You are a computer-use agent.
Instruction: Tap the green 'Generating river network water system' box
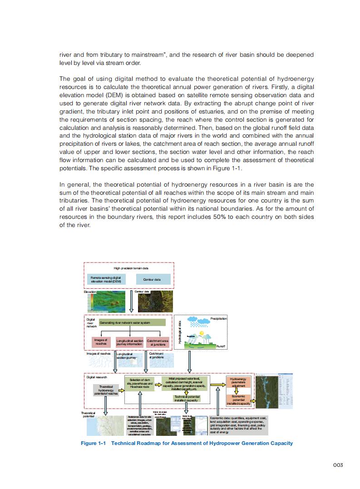pyautogui.click(x=132, y=322)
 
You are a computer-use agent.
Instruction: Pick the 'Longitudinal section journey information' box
pyautogui.click(x=130, y=342)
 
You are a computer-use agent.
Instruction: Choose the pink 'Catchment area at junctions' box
pyautogui.click(x=158, y=342)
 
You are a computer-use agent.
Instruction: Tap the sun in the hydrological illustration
pyautogui.click(x=202, y=335)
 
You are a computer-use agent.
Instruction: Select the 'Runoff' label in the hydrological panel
pyautogui.click(x=221, y=346)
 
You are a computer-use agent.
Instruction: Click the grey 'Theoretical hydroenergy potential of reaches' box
pyautogui.click(x=105, y=390)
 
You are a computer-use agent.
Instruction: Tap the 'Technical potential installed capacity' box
pyautogui.click(x=187, y=398)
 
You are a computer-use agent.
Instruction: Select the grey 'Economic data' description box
pyautogui.click(x=239, y=425)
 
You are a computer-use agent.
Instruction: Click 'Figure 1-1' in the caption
pyautogui.click(x=93, y=443)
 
